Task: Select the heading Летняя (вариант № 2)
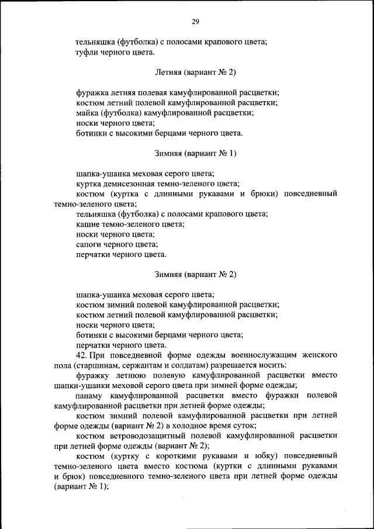195,72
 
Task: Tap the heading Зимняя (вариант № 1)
195,154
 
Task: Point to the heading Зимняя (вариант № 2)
195,274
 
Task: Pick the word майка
87,113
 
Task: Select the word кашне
88,224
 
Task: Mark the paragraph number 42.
81,355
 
